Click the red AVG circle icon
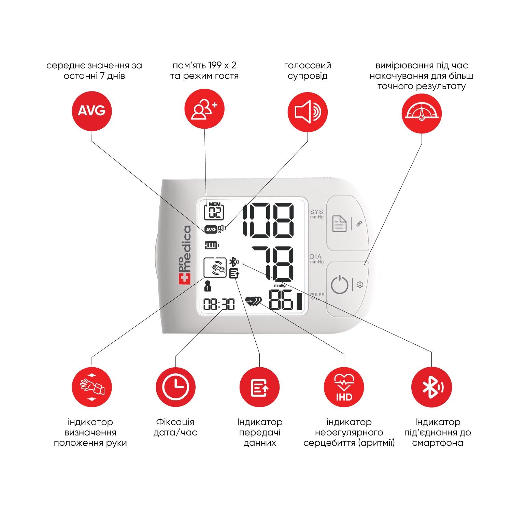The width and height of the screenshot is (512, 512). (x=91, y=111)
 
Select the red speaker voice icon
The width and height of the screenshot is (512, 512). (x=308, y=112)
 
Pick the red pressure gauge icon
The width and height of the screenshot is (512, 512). (x=422, y=113)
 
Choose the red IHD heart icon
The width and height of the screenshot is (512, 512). (x=344, y=387)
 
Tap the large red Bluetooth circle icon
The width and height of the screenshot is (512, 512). (x=432, y=387)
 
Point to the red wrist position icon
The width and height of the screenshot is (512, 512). (x=91, y=387)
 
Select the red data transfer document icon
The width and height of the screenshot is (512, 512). (x=260, y=387)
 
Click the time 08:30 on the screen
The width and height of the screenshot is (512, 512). (x=219, y=304)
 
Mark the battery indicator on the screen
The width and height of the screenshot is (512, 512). (x=212, y=245)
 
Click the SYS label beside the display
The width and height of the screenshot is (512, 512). (x=316, y=212)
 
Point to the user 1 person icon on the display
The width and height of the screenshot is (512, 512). (x=207, y=286)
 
